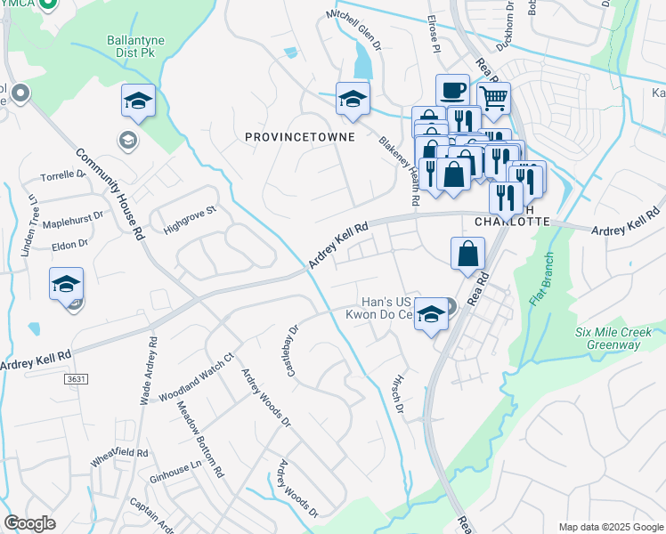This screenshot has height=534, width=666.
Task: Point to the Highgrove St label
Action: point(190,221)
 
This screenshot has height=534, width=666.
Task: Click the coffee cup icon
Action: point(452,90)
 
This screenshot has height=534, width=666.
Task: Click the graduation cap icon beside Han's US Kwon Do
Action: point(431,314)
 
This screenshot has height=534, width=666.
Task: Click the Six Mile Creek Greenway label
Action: point(619,338)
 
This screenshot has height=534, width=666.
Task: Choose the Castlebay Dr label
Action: point(292,349)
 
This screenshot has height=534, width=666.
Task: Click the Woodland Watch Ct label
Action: point(196,376)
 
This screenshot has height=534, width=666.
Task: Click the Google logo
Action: point(29,523)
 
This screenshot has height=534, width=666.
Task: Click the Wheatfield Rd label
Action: point(118,458)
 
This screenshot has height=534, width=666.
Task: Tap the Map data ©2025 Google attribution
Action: point(610,527)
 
